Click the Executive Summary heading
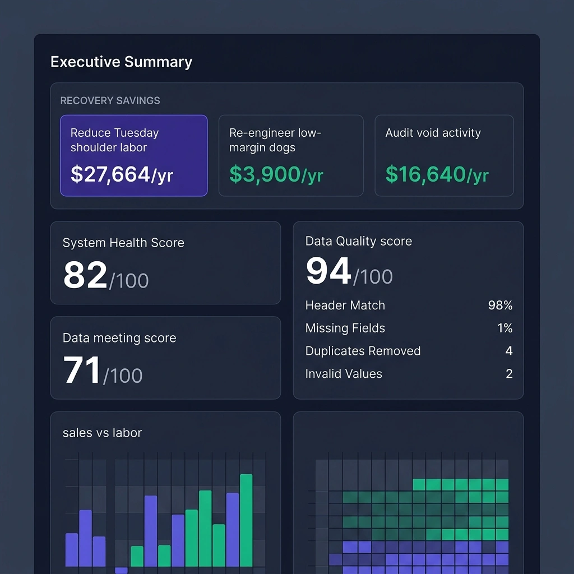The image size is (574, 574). (121, 62)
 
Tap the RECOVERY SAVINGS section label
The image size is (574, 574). (110, 101)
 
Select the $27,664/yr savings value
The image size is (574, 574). (122, 174)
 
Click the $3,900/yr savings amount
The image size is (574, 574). (276, 174)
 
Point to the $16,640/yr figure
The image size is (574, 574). (437, 174)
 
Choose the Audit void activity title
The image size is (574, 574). (433, 132)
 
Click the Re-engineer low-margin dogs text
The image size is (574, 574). (275, 140)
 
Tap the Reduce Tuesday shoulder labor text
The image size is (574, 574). (114, 140)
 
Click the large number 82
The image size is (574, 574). (85, 275)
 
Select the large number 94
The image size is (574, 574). (328, 271)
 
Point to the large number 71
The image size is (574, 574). (82, 369)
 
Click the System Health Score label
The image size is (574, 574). (123, 243)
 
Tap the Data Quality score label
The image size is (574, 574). (359, 241)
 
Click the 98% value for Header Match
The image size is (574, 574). (500, 305)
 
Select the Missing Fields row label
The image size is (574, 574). (345, 328)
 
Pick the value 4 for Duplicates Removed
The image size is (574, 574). (509, 351)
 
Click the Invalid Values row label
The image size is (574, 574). (344, 374)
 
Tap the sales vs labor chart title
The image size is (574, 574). (102, 433)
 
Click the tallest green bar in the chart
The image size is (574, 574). (247, 520)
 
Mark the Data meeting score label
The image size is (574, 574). (119, 338)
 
